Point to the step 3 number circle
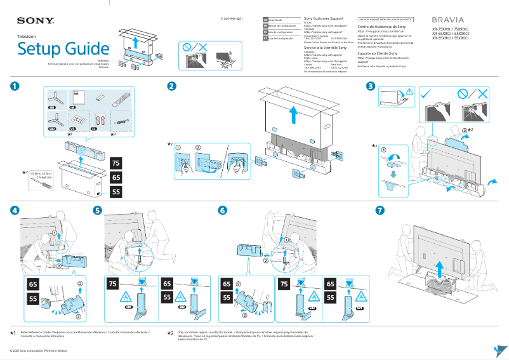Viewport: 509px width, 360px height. pyautogui.click(x=370, y=86)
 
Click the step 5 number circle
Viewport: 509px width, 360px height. pyautogui.click(x=97, y=210)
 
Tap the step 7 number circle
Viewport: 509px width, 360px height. pyautogui.click(x=380, y=210)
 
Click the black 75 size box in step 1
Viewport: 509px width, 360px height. pyautogui.click(x=116, y=163)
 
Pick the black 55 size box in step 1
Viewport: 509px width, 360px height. pyautogui.click(x=116, y=191)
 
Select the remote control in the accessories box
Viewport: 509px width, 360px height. pyautogui.click(x=120, y=99)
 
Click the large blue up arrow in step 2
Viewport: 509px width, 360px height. pyautogui.click(x=292, y=116)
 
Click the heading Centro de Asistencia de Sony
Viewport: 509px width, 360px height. pyautogui.click(x=382, y=27)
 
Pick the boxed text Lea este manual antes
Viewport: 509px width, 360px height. pyautogui.click(x=385, y=20)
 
